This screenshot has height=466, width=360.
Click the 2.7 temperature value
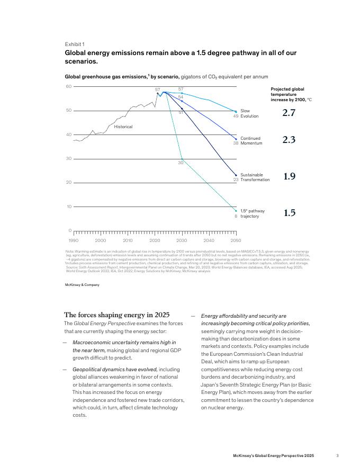coord(289,113)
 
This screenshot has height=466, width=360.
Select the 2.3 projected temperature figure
coord(289,140)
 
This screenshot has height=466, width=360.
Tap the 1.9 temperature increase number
coord(289,176)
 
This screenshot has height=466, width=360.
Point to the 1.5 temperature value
coord(289,213)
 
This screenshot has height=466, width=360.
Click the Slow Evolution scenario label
coord(249,113)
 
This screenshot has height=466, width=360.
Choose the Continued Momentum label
coord(251,141)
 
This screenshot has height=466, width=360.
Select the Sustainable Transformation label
coord(255,177)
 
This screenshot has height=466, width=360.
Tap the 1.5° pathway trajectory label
coord(253,213)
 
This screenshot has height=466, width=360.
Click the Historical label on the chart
coord(123,127)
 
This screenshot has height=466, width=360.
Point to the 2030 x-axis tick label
coord(182,240)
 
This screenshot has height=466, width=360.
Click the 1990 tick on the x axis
coord(74,240)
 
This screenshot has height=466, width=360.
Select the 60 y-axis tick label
coord(68,86)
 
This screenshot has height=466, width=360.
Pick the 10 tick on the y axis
coord(68,207)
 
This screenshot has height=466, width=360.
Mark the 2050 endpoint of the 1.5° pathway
coord(236,211)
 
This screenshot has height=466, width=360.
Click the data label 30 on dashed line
coord(180,163)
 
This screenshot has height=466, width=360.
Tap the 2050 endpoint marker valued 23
coord(236,175)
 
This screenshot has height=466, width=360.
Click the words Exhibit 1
coord(75,44)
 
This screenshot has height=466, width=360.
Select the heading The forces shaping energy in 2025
coord(117,314)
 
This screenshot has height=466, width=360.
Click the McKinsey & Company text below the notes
coord(82,285)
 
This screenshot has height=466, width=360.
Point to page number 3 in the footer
coord(337,455)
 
